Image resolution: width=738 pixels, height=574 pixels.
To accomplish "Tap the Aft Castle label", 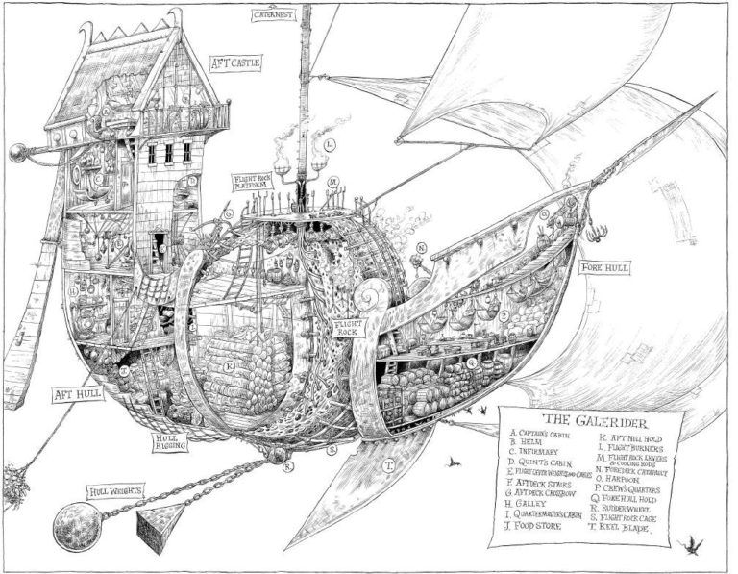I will coord(234,66).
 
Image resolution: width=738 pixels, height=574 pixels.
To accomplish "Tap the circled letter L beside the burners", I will coord(330,146).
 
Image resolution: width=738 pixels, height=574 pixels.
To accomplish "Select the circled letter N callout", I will coord(422,247).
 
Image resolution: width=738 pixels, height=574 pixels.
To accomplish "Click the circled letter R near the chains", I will coord(286,468).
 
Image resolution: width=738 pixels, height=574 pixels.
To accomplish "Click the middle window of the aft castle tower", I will coord(166,153).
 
